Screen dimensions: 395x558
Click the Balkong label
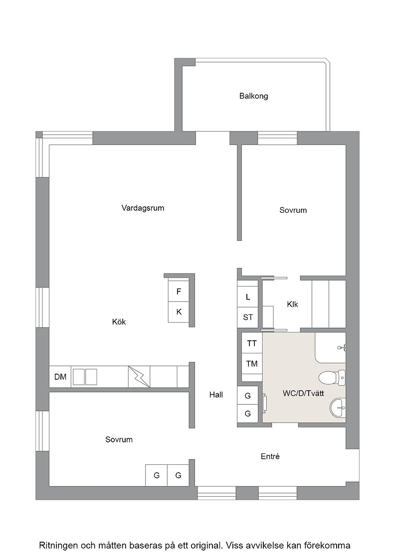(x=253, y=96)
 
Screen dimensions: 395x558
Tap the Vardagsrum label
(x=143, y=208)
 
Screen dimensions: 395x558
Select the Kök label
(x=119, y=322)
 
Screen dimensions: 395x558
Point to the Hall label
(x=216, y=394)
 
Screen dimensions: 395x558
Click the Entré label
(x=270, y=456)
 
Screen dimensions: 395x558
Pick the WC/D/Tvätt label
(x=303, y=394)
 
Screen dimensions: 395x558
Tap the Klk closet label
(x=292, y=304)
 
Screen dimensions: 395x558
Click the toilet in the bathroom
(x=332, y=378)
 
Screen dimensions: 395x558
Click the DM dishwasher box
(x=60, y=377)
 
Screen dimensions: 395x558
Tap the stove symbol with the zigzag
(x=139, y=377)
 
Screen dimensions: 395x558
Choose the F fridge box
(x=179, y=291)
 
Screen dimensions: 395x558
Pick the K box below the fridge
(x=179, y=312)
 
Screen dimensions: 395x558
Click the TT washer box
(x=252, y=343)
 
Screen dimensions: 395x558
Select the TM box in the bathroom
(x=252, y=364)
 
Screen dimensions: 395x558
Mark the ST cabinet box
(x=248, y=317)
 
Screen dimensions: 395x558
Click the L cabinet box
(x=248, y=297)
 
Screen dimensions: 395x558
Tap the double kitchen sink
(x=85, y=377)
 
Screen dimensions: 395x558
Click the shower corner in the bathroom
(x=330, y=348)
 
